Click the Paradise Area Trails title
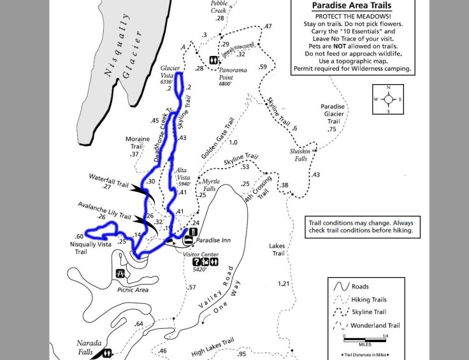click(351, 6)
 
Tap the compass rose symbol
click(387, 99)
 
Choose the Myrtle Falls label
click(210, 185)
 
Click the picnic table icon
click(120, 273)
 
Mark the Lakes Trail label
click(277, 249)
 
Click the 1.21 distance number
click(284, 284)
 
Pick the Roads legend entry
click(360, 287)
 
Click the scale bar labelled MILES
click(364, 338)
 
